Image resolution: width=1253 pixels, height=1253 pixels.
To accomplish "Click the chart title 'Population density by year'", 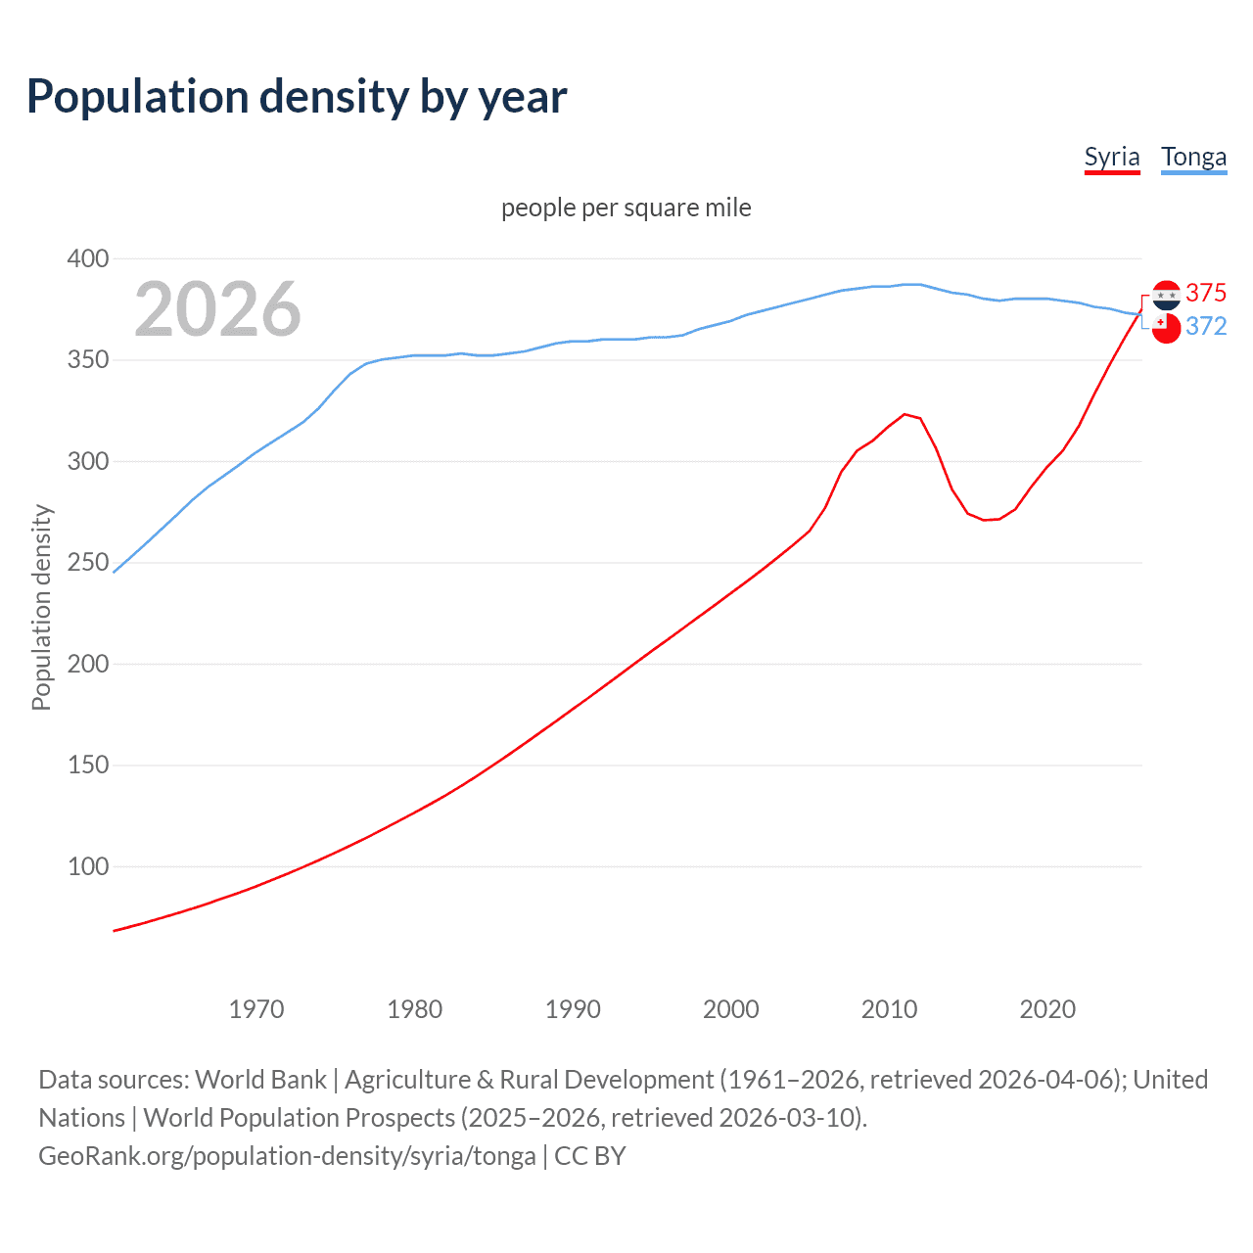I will point(297,97).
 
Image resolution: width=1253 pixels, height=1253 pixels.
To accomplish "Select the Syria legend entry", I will point(1112,157).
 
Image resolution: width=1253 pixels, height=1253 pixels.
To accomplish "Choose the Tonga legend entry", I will point(1193,157).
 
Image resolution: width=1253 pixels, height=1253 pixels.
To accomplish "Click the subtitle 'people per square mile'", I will point(626,208).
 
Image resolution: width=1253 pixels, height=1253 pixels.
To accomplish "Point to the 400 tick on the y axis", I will point(88,258).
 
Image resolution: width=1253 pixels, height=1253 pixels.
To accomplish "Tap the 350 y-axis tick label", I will point(88,360).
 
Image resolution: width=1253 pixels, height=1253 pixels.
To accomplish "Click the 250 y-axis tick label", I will point(88,563).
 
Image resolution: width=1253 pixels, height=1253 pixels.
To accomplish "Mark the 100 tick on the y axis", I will point(88,866).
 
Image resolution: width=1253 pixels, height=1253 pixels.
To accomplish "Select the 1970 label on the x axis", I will point(256,1009).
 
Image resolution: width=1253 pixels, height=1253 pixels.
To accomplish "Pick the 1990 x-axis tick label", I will point(573,1009).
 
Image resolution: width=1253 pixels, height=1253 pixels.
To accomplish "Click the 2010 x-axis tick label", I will point(889,1009).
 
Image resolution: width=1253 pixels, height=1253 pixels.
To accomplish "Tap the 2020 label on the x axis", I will point(1047,1009).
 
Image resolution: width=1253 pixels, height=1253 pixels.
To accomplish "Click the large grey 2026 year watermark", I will point(217,309).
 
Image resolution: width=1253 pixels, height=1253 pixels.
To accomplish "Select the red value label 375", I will point(1206,293).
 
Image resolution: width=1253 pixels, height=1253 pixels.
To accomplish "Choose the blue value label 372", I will point(1206,326).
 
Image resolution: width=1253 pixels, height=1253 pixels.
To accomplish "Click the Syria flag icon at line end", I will point(1166,294).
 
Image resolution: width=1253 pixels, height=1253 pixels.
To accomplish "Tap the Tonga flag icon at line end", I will point(1166,329).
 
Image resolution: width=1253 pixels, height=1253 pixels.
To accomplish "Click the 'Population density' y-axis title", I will point(41,607).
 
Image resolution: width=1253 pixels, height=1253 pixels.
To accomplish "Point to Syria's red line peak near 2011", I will point(905,414).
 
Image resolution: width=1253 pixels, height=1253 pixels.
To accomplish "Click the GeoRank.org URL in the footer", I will point(287,1156).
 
